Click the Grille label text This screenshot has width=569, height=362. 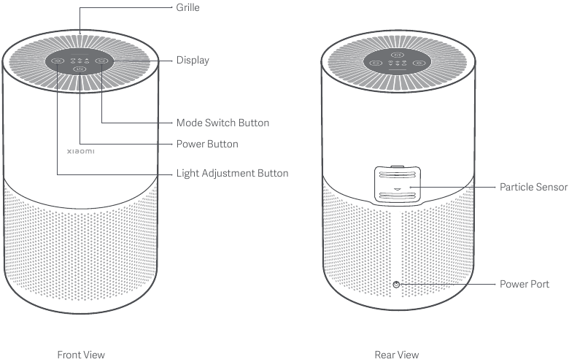point(187,7)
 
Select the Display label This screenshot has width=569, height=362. point(193,61)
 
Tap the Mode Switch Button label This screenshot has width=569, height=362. point(222,123)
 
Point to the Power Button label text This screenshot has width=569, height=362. point(207,145)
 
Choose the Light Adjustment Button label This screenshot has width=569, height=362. point(232,173)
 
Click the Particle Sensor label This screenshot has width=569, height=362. point(533,187)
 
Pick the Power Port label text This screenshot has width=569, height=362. point(525,284)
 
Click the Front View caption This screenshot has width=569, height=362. point(81,355)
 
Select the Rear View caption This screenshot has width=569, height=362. point(397,355)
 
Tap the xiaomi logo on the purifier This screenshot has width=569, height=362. point(80,151)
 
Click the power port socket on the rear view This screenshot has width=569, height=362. point(396,285)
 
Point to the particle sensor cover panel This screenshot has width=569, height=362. point(398,185)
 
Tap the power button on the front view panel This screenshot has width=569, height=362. point(80,69)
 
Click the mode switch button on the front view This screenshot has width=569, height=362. point(101,61)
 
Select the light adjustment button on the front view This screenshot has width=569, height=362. point(58,61)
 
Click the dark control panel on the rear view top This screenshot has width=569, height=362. point(398,61)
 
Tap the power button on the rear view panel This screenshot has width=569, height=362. point(398,55)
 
